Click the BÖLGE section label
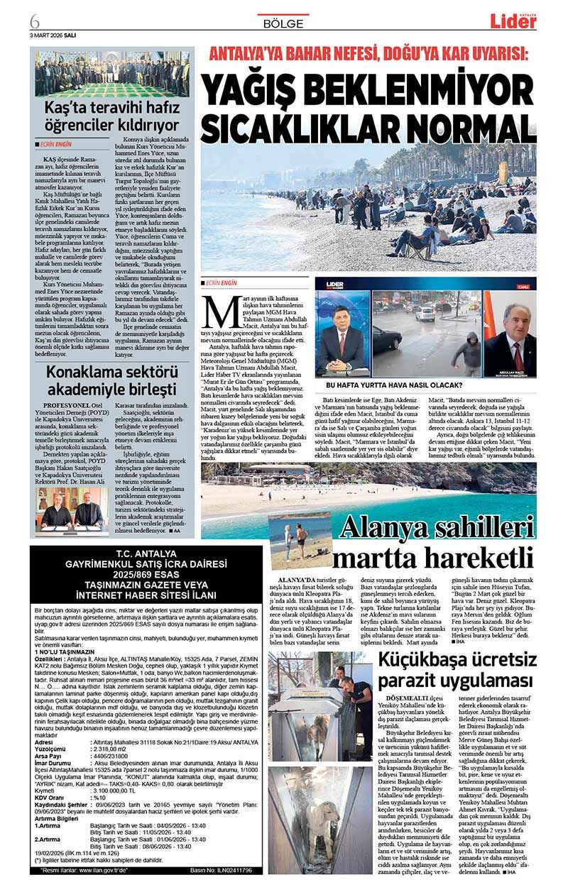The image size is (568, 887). [x=283, y=23]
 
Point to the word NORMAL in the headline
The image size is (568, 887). [x=474, y=126]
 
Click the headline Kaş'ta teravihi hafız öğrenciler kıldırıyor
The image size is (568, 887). [x=112, y=116]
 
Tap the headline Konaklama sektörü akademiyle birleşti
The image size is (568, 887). [x=111, y=381]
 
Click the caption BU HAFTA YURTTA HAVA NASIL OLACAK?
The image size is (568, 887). [x=394, y=386]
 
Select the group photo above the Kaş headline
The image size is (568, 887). [x=112, y=73]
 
